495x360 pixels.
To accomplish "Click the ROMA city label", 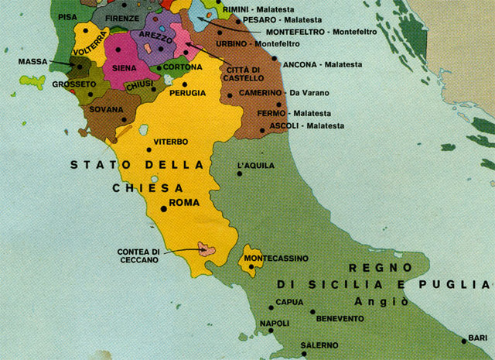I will point(185,203).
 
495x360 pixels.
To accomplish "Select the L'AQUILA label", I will point(256,165).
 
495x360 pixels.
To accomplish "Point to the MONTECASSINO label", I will point(276,258).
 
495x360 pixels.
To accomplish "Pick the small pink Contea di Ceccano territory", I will point(206,249).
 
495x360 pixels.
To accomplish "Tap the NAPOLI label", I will point(275,323).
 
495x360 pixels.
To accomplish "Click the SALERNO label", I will point(319,345).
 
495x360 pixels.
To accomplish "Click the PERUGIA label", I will point(186,93).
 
